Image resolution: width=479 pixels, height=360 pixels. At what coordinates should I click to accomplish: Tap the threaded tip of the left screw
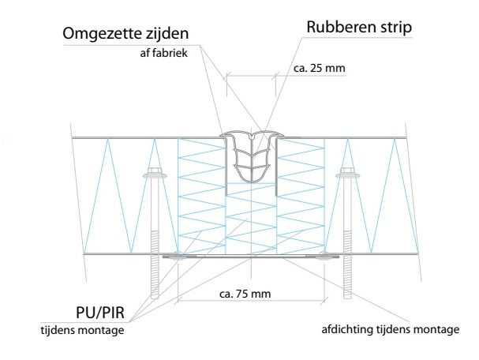click(x=153, y=284)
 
